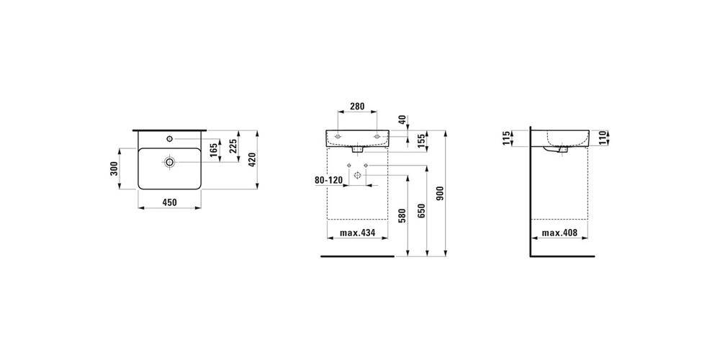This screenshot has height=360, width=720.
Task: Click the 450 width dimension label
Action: pyautogui.click(x=169, y=202)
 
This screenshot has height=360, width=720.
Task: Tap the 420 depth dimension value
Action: pyautogui.click(x=252, y=159)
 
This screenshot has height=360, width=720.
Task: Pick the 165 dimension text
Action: pyautogui.click(x=214, y=150)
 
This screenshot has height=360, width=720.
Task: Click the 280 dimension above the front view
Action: pyautogui.click(x=357, y=106)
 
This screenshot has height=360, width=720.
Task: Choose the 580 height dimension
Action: pyautogui.click(x=403, y=216)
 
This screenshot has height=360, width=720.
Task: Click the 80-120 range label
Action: pyautogui.click(x=328, y=181)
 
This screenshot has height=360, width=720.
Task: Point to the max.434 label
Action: pyautogui.click(x=357, y=233)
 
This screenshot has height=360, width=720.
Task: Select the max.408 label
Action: pyautogui.click(x=559, y=233)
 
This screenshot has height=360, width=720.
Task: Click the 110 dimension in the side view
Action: pyautogui.click(x=604, y=138)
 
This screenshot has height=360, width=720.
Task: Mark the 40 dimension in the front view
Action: pyautogui.click(x=402, y=120)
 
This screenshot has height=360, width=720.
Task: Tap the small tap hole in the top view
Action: pyautogui.click(x=169, y=138)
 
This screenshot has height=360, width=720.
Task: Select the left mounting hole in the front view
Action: pyautogui.click(x=338, y=136)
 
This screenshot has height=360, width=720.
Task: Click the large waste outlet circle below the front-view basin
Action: pyautogui.click(x=357, y=174)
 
